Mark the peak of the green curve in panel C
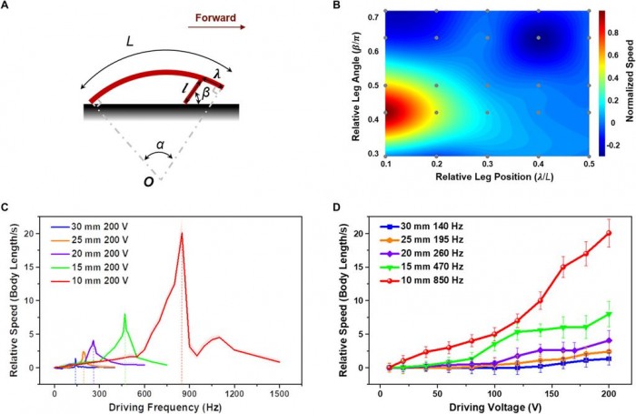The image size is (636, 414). point(124,314)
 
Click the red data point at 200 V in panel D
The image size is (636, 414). point(608,233)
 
